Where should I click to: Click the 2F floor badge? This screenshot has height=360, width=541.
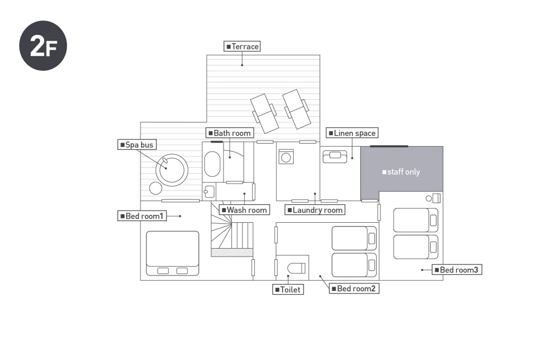tap(43, 46)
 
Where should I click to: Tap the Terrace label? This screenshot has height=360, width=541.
tap(242, 46)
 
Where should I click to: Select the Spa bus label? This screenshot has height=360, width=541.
tap(137, 145)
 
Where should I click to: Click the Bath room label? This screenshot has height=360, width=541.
tap(229, 133)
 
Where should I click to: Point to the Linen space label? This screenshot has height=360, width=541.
tap(351, 133)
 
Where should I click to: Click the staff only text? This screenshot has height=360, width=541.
tap(401, 172)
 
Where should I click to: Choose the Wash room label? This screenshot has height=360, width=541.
tap(244, 210)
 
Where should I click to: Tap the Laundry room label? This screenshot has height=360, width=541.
tap(314, 210)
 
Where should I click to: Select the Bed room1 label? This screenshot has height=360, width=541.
tap(142, 216)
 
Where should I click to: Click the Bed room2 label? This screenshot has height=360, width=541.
tap(355, 288)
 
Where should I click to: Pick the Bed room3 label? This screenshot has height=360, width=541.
tap(458, 270)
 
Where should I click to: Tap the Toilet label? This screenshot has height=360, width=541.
tap(288, 289)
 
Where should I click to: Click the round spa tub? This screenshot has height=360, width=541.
tap(171, 168)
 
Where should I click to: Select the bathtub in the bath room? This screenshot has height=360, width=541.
tap(212, 165)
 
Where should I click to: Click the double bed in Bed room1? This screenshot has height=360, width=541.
tap(173, 252)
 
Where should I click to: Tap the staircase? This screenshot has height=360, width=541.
tap(232, 235)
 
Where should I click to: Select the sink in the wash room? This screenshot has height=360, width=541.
tap(208, 191)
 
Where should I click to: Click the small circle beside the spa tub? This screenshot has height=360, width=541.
tap(155, 188)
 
